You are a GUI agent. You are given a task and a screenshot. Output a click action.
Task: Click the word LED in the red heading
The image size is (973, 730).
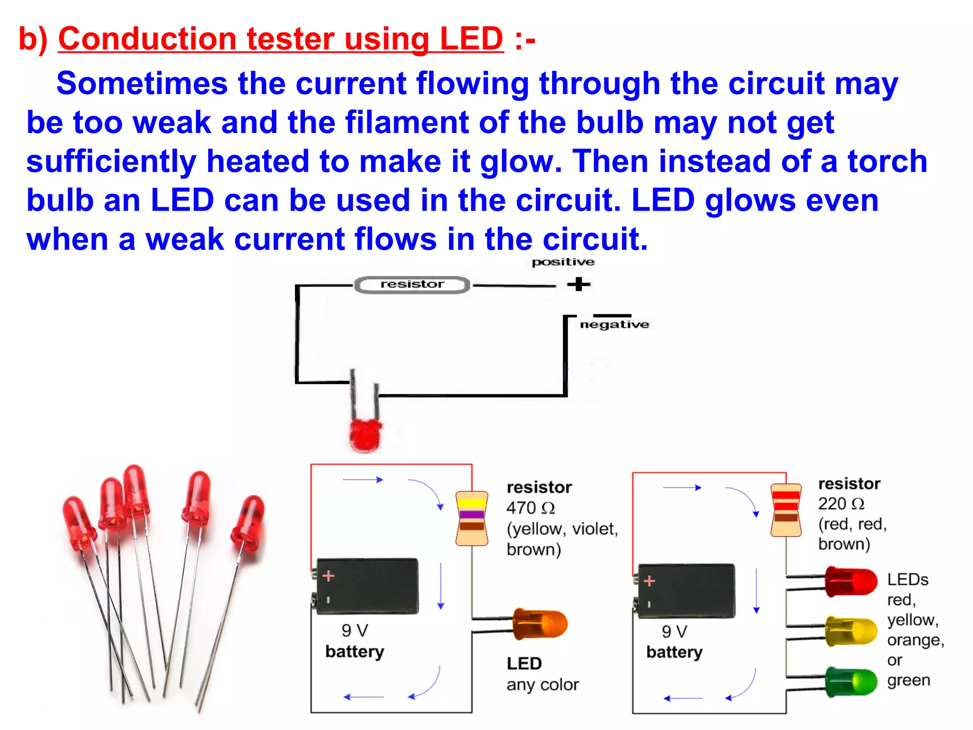click(x=471, y=38)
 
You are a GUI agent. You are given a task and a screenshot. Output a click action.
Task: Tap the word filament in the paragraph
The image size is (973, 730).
click(x=407, y=122)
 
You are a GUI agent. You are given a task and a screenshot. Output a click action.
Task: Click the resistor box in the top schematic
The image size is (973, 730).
click(x=412, y=285)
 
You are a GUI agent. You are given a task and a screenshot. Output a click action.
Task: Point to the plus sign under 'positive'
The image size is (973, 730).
click(x=578, y=284)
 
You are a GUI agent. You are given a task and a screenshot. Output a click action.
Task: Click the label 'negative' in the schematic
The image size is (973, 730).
click(x=614, y=325)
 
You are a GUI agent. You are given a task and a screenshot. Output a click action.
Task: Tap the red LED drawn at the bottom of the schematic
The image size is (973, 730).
click(x=365, y=434)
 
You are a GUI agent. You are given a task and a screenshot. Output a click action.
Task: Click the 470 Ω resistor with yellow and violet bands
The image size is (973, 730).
click(x=472, y=519)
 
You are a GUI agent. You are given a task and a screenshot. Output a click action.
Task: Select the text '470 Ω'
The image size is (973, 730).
click(x=530, y=508)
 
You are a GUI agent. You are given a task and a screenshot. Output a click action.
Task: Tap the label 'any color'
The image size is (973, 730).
click(x=542, y=685)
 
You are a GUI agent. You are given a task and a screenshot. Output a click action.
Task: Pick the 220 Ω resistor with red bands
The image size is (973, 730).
click(x=786, y=510)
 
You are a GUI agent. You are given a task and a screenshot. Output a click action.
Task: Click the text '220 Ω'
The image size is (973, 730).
click(x=841, y=504)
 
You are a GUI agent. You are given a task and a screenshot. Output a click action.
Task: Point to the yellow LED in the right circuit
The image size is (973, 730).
click(x=851, y=631)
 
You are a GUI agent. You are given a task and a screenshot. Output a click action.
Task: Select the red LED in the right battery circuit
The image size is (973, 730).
click(x=851, y=581)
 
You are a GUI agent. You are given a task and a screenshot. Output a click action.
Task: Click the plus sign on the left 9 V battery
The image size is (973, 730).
click(x=328, y=576)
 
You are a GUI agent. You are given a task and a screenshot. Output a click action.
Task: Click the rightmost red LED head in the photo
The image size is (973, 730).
click(x=248, y=523)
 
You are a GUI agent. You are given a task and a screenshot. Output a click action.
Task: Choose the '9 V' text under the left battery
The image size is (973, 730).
click(x=354, y=631)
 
